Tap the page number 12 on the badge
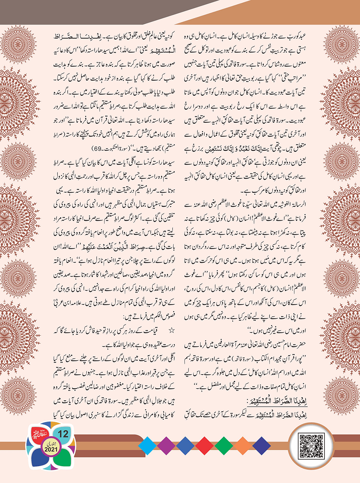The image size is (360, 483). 63,434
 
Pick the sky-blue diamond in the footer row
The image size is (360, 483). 147,446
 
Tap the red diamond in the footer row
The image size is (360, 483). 204,446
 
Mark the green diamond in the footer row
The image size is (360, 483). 224,446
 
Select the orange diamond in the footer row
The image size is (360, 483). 242,446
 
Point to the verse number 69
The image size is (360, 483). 97,149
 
